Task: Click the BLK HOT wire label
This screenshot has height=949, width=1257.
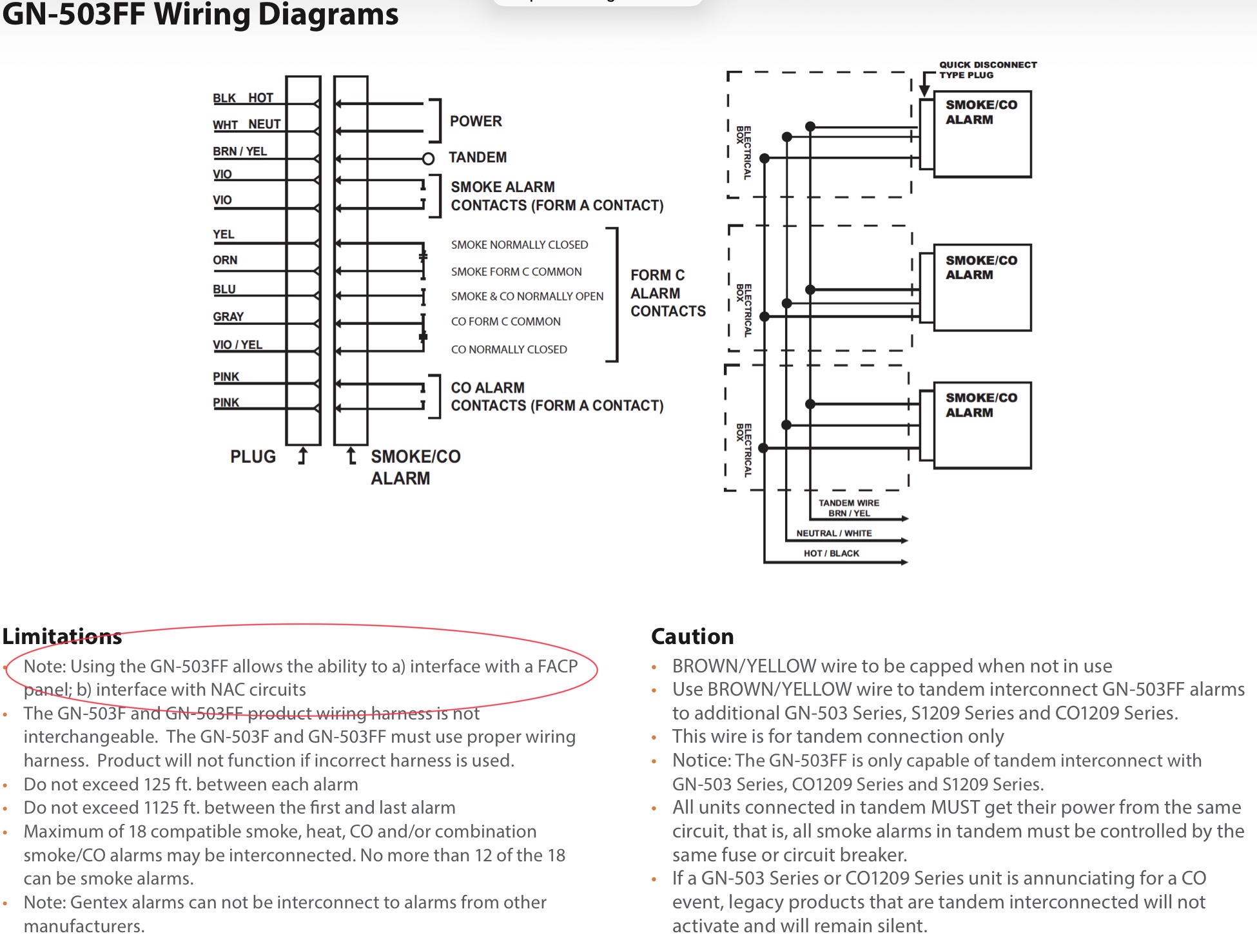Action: [243, 98]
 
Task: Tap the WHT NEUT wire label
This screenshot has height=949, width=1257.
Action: [246, 124]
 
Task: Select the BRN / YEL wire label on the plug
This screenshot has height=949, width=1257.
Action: [240, 152]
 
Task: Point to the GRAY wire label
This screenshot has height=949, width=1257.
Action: [228, 317]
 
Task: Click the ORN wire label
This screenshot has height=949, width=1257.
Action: [225, 260]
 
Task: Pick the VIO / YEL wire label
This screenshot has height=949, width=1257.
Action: [237, 345]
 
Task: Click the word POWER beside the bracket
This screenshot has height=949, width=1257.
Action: [476, 121]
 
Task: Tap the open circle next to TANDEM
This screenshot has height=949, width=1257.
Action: [428, 159]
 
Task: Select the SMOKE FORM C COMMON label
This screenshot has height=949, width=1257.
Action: [516, 272]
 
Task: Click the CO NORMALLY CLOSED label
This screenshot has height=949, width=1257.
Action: [509, 349]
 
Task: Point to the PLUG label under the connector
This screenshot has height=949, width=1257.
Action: [253, 456]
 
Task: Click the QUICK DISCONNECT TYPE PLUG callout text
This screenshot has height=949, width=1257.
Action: [988, 70]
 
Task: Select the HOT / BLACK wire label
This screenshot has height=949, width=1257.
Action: [832, 553]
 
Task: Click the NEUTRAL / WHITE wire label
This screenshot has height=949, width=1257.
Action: [833, 533]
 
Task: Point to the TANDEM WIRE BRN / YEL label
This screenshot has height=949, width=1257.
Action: [849, 508]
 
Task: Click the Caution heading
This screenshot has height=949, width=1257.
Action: [692, 636]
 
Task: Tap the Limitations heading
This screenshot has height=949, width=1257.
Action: [62, 636]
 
